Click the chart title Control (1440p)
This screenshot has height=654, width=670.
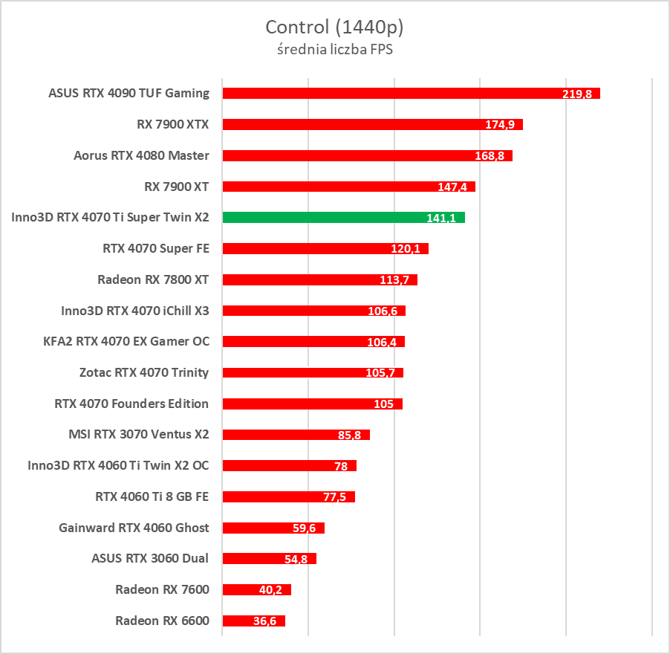point(334,27)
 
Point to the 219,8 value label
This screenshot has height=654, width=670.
point(577,94)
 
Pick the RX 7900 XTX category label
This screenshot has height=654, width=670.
point(172,124)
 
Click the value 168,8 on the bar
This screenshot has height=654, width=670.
point(490,156)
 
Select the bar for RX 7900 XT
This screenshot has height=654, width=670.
point(348,186)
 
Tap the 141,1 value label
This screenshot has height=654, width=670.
point(442,218)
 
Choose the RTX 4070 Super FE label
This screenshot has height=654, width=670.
point(156,248)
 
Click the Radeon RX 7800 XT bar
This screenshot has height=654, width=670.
point(319,279)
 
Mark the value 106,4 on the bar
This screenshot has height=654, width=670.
point(382,342)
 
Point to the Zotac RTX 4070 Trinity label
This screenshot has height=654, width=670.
point(144,372)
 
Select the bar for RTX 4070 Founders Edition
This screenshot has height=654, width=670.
point(312,404)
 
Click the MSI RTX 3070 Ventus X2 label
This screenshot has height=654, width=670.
point(138,434)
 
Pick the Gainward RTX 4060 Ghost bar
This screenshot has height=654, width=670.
point(273,528)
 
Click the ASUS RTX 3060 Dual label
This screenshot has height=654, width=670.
point(150,558)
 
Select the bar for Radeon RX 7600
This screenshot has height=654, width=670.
point(256,589)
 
